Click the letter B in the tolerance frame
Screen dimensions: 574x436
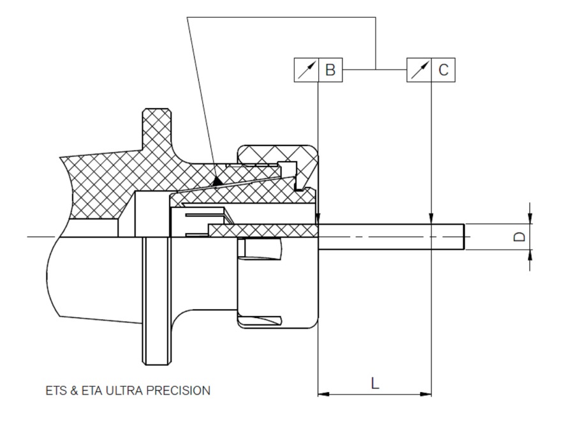coord(330,70)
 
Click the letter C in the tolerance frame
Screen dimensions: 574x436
coord(443,70)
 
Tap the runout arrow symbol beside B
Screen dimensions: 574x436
coord(306,70)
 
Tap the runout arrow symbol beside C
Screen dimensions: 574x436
coord(419,70)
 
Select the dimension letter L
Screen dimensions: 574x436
coord(375,383)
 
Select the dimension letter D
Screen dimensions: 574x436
coord(519,237)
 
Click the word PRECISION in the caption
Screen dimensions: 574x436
coord(179,391)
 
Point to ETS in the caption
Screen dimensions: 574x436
coord(56,391)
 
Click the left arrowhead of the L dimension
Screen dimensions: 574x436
coord(323,395)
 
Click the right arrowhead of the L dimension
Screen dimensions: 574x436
coord(426,395)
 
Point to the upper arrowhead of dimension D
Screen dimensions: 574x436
coord(530,218)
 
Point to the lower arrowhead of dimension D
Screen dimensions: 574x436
coord(530,255)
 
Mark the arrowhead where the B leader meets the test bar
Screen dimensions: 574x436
coord(318,218)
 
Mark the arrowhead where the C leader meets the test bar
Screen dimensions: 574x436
coord(431,218)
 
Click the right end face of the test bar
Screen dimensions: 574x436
coord(465,237)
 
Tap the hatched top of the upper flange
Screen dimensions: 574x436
coord(157,110)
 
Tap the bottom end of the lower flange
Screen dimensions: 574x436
coord(157,363)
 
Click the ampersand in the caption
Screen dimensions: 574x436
coord(74,391)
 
